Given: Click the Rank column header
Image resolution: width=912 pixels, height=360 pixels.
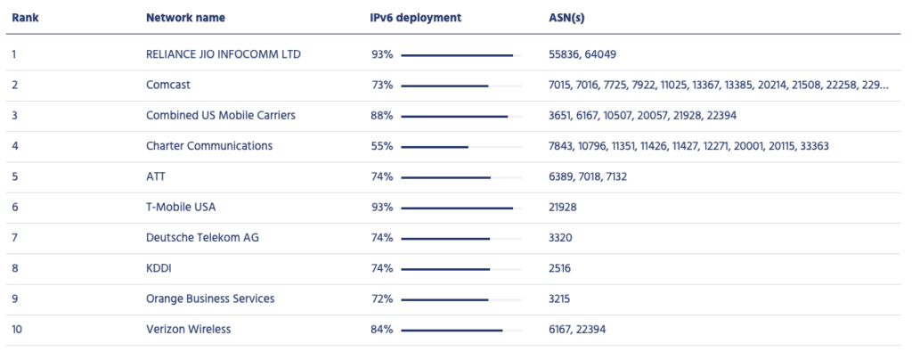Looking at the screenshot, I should (x=24, y=17).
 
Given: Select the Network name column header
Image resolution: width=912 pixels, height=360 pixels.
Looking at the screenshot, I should (x=185, y=17).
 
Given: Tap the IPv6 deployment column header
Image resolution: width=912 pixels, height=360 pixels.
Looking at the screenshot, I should (x=416, y=17).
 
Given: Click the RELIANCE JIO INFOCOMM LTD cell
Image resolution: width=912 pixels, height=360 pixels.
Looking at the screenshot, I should (x=223, y=54).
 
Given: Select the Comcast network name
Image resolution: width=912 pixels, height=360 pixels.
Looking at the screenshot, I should (x=168, y=85).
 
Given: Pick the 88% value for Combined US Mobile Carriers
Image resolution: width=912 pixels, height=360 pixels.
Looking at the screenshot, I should (x=382, y=115).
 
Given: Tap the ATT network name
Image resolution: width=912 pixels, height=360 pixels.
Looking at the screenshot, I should (x=157, y=176).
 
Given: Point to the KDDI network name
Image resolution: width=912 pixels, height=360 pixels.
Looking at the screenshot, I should (x=159, y=268).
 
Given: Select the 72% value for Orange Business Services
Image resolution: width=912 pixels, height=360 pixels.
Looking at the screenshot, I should (x=382, y=299).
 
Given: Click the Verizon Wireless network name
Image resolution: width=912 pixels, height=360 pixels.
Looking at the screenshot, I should (x=188, y=329).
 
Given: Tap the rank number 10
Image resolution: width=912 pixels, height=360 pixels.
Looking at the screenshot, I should (x=17, y=329).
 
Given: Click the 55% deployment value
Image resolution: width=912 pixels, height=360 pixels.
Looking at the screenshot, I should (x=382, y=146).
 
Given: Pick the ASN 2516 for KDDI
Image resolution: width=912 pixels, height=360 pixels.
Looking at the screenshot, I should (x=560, y=268).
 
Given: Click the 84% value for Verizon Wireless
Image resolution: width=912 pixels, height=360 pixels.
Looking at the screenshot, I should (x=382, y=329).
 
